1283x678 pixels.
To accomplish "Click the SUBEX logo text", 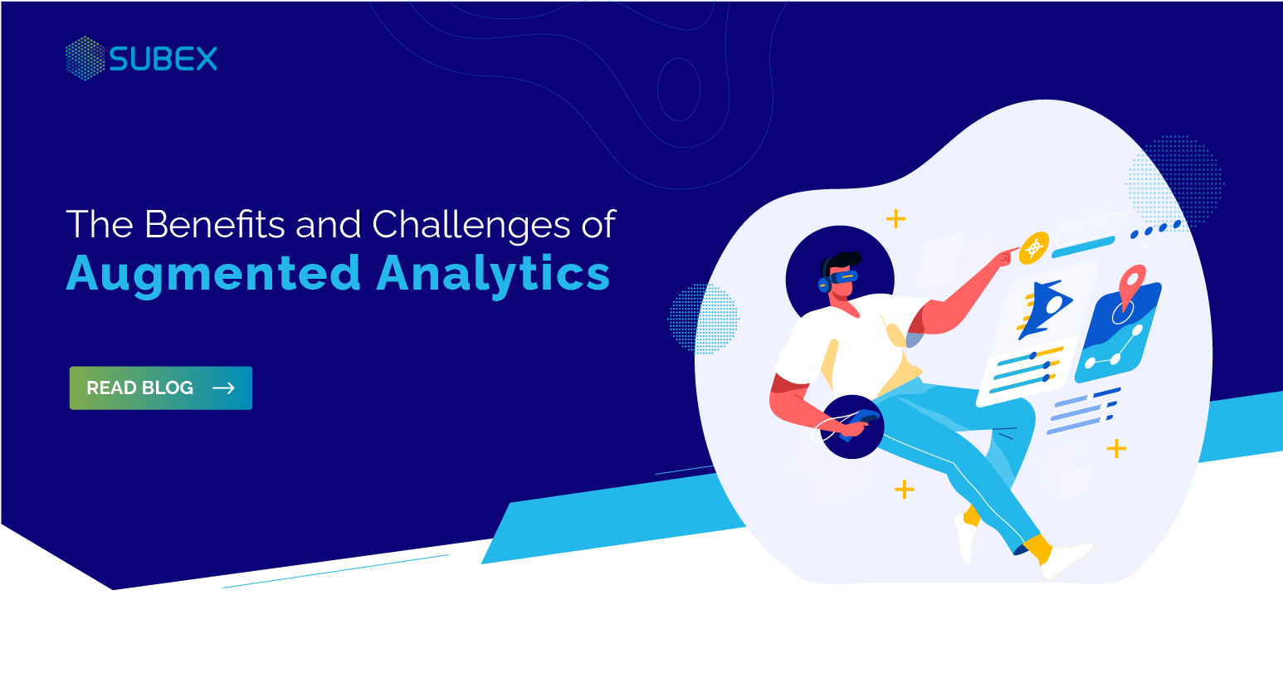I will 163,59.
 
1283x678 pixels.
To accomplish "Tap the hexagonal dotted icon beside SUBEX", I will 85,58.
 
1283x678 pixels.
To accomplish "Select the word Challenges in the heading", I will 471,226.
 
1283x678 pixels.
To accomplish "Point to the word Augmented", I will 213,275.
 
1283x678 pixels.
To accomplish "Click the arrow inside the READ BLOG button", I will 223,388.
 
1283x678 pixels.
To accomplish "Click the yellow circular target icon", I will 1034,247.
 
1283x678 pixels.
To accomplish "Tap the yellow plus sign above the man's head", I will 895,219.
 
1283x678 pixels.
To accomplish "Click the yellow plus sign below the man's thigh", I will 904,490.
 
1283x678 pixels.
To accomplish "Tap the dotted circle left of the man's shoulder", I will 703,319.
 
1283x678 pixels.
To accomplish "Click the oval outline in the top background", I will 678,89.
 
